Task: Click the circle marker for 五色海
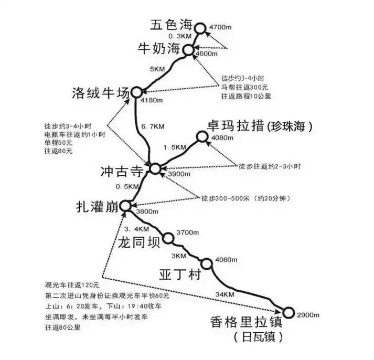point(200,29)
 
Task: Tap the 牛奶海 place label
point(159,49)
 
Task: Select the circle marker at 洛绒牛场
point(137,92)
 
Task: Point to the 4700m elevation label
point(220,27)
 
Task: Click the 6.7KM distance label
point(153,126)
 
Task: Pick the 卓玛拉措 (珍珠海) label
point(260,126)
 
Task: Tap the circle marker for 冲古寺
point(155,168)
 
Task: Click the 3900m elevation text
point(179,174)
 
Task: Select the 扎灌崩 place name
point(98,207)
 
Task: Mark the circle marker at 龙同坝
point(168,238)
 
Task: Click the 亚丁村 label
point(180,274)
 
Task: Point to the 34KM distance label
point(225,294)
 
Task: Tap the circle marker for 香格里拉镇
point(288,313)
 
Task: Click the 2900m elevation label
point(308,315)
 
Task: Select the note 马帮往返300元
point(245,87)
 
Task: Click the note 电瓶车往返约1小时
point(75,134)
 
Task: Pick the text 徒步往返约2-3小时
point(270,166)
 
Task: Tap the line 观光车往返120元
point(72,285)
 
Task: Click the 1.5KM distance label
point(175,147)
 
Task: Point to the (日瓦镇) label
point(258,337)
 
